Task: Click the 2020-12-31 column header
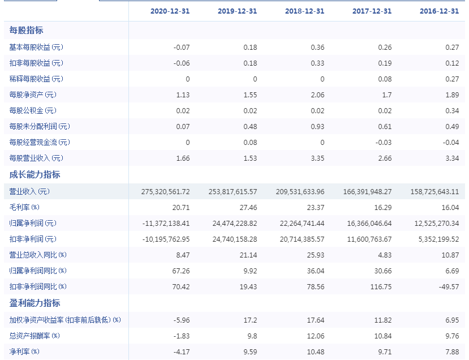tap(170, 11)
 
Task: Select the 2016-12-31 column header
tap(439, 11)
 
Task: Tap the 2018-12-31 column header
tap(304, 11)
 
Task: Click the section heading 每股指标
tap(27, 30)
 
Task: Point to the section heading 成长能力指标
tap(35, 174)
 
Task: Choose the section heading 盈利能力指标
tap(35, 303)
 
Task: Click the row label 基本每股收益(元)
tap(36, 47)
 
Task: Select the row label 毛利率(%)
tap(24, 207)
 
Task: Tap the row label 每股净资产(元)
tap(33, 95)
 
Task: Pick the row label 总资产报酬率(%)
tap(35, 336)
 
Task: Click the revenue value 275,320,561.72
tap(165, 191)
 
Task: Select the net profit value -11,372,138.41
tap(166, 223)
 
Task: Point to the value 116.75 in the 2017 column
tap(381, 286)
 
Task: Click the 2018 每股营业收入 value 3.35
tap(317, 158)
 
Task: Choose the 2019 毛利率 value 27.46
tap(248, 207)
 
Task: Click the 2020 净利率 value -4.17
tap(182, 352)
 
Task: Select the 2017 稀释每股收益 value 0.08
tap(385, 79)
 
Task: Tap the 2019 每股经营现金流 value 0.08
tap(250, 143)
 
